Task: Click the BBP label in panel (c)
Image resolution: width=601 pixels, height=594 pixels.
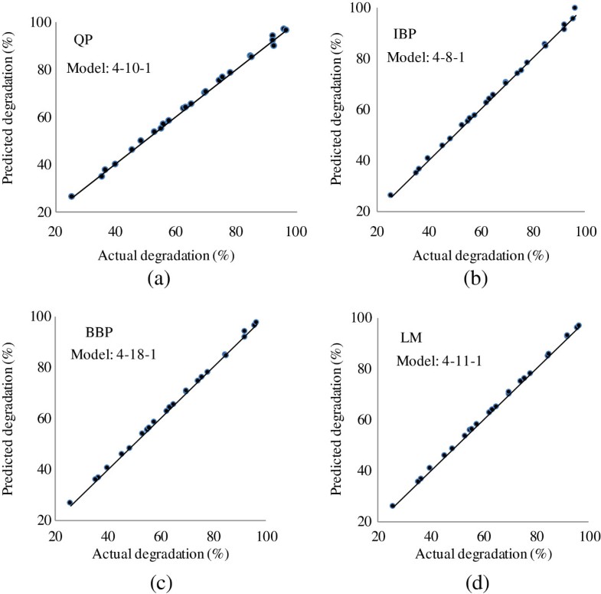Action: point(101,334)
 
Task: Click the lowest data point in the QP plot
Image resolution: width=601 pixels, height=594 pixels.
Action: point(71,197)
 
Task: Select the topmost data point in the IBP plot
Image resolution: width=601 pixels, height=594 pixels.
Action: point(574,8)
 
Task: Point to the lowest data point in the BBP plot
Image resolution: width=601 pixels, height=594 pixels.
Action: point(70,503)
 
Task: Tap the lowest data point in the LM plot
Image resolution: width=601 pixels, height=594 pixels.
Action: point(393,506)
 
